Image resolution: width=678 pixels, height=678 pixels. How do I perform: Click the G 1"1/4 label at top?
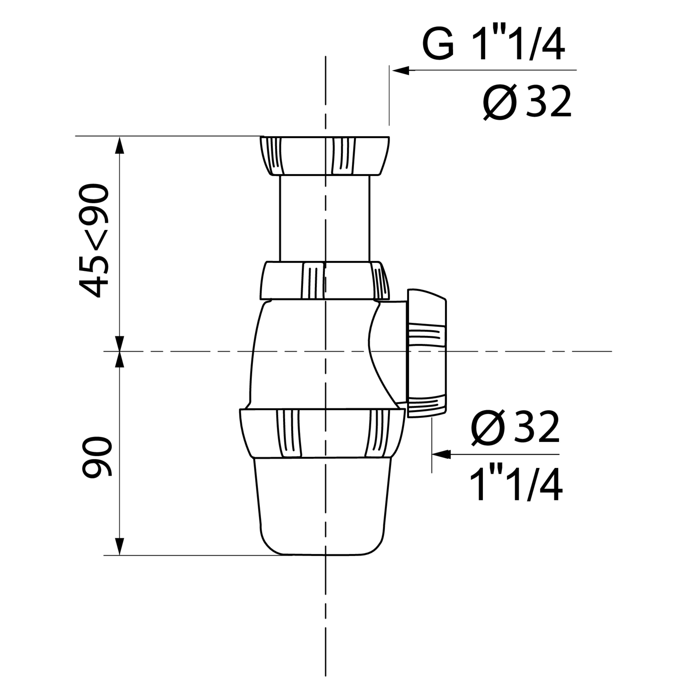point(493,45)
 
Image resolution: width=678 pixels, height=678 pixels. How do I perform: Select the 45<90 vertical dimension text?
point(93,241)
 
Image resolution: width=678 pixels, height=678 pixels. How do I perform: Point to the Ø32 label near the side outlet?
point(515,428)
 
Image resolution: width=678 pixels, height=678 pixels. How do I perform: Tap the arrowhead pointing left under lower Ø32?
point(441,454)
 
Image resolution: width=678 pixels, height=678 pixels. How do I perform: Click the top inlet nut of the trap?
point(325,156)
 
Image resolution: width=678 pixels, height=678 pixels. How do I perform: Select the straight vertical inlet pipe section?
point(325,219)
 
